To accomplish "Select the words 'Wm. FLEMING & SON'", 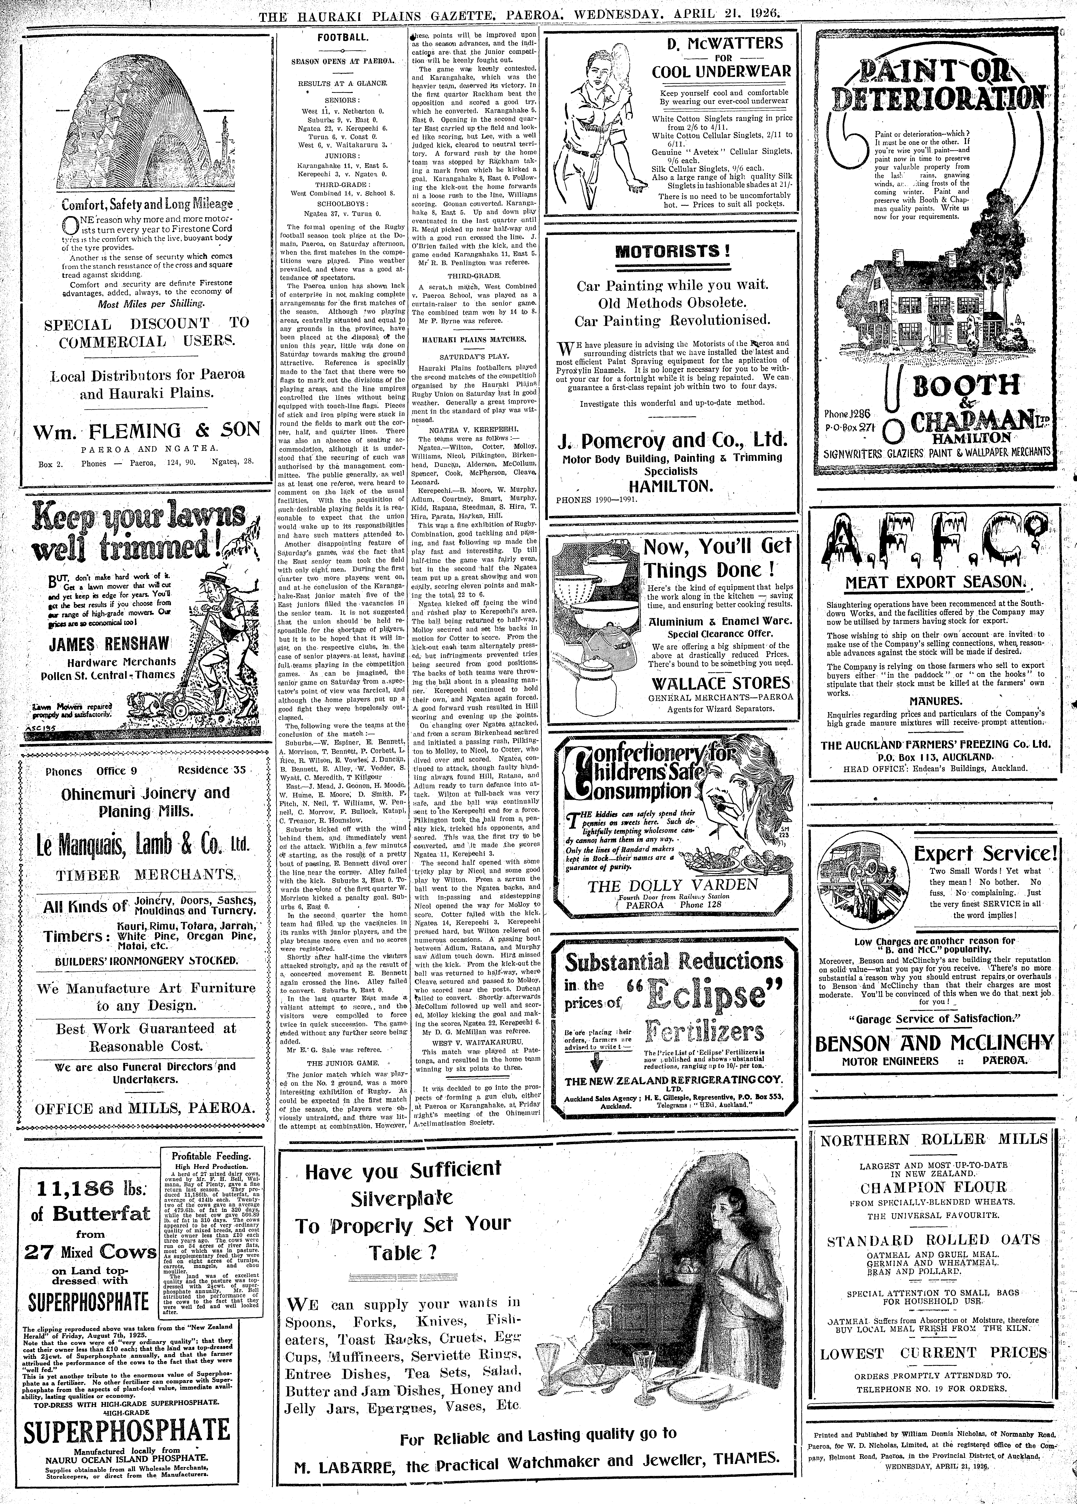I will pyautogui.click(x=147, y=430).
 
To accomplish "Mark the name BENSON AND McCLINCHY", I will pyautogui.click(x=934, y=1043).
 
